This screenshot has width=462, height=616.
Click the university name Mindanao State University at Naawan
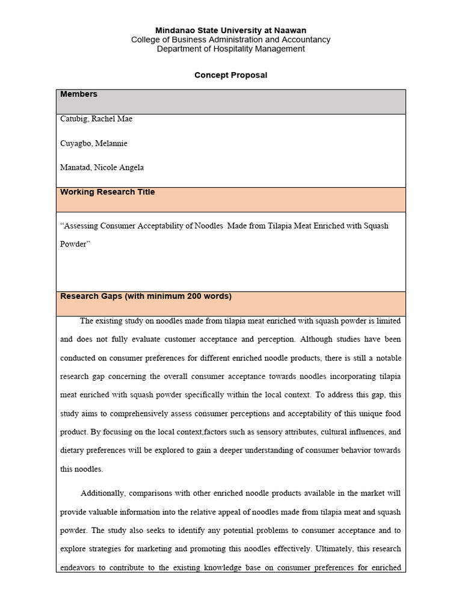click(x=230, y=30)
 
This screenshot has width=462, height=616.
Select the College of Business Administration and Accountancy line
click(x=230, y=40)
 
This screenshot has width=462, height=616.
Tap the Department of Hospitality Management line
click(x=230, y=49)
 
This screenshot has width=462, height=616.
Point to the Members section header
click(x=78, y=94)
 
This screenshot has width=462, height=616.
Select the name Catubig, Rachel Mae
click(x=96, y=119)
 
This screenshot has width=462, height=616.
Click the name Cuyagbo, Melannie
click(x=93, y=144)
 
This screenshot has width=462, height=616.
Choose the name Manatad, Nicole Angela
click(x=102, y=168)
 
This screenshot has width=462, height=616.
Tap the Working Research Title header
click(x=107, y=192)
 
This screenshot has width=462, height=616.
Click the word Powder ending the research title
click(x=73, y=245)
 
